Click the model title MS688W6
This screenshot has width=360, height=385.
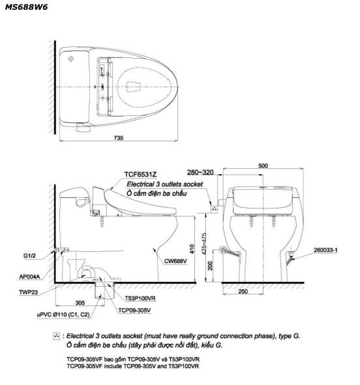[x=26, y=7]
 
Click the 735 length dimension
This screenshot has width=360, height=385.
[x=119, y=138]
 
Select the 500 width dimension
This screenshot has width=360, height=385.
[x=263, y=165]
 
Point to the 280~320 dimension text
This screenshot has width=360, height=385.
[x=200, y=173]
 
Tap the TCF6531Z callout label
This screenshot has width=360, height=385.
[x=140, y=175]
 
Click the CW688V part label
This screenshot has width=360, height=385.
[x=175, y=261]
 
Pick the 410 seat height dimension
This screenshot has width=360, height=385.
[x=192, y=249]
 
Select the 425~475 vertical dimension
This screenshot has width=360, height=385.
[x=203, y=244]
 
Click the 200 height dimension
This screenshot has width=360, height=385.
[x=210, y=266]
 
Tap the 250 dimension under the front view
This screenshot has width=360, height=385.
[x=243, y=291]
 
